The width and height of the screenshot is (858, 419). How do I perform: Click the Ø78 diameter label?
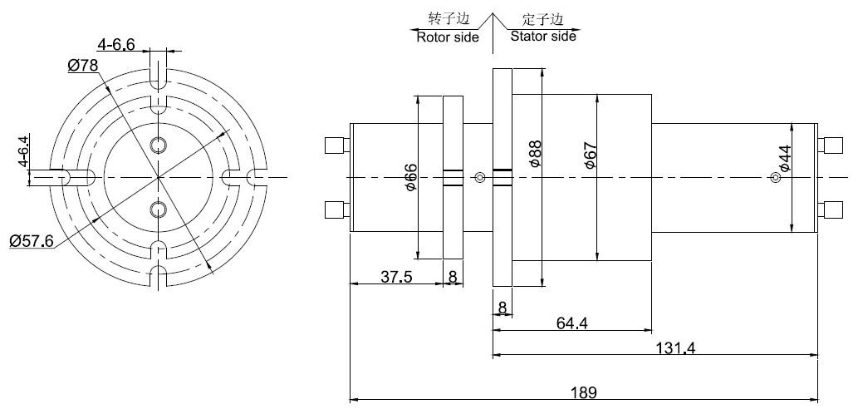[83, 66]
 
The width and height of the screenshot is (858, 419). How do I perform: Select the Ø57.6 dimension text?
[32, 241]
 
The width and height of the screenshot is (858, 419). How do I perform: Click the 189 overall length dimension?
[585, 392]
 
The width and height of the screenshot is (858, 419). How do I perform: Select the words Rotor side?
[447, 37]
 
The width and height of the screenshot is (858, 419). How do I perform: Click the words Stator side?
[542, 37]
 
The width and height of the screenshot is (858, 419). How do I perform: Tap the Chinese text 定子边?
[542, 18]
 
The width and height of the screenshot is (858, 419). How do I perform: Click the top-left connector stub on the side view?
[336, 146]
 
